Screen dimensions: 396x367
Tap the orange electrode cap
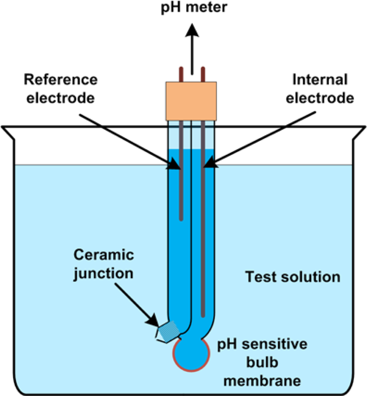191,101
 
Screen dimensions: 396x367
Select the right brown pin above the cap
202,74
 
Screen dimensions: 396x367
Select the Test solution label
293,277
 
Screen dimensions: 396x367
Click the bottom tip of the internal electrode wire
203,315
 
